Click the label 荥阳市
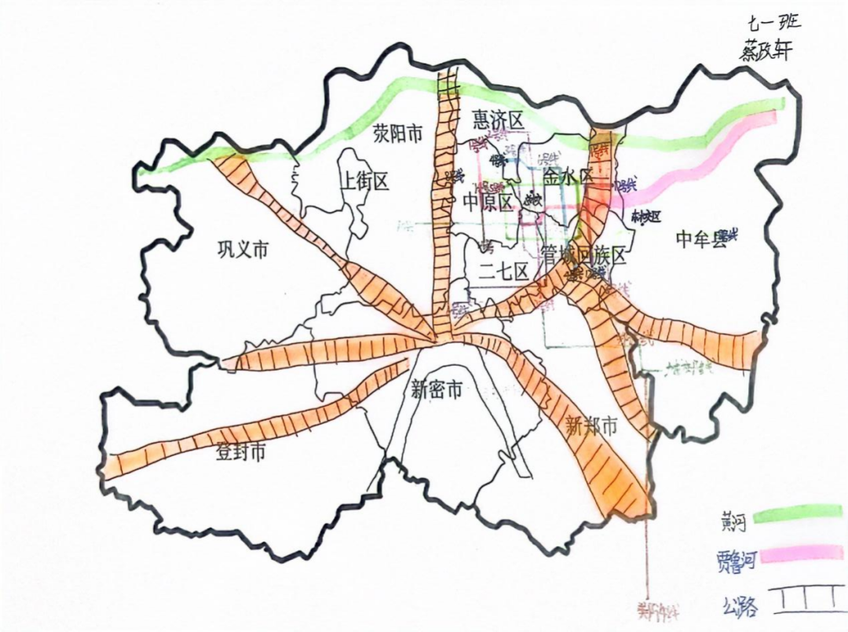[x=397, y=134]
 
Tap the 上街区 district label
[x=364, y=182]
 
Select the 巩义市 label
[x=243, y=250]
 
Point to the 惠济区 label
[x=497, y=119]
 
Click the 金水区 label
[x=568, y=176]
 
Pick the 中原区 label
[x=487, y=203]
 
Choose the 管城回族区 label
[x=584, y=255]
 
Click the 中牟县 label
[x=701, y=240]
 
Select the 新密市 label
[x=436, y=389]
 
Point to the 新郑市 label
[x=591, y=426]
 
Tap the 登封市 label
[x=240, y=452]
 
